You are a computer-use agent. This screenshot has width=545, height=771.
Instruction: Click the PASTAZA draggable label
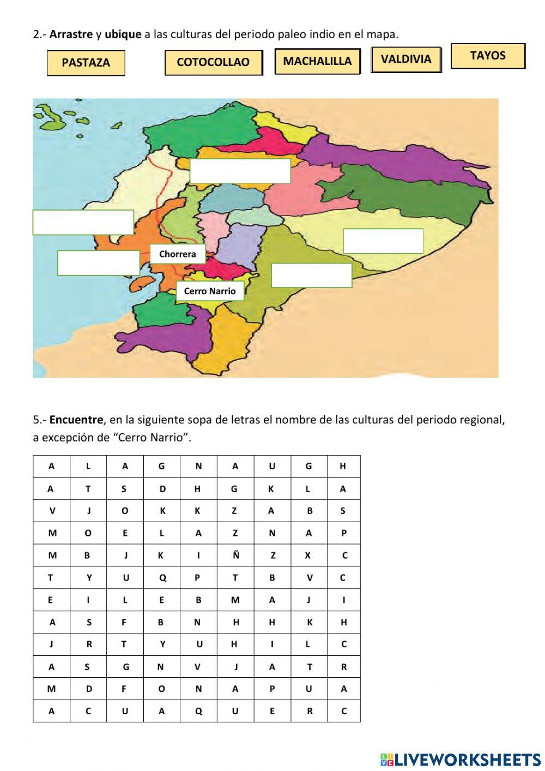click(86, 63)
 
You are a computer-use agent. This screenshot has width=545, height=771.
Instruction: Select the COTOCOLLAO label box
click(213, 62)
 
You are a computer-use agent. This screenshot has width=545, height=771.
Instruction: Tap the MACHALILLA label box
click(317, 61)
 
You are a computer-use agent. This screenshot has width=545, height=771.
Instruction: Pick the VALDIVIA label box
click(405, 59)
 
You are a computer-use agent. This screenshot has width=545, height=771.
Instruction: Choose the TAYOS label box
click(488, 56)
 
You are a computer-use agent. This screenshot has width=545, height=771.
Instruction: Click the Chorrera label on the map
click(178, 254)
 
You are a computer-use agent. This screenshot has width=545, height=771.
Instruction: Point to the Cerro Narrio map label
click(210, 291)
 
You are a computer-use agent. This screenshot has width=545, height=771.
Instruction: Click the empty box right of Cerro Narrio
click(311, 276)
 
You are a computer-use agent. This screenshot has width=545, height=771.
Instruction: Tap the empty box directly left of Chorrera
click(99, 262)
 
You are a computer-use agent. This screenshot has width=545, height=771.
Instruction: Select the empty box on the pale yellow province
click(383, 241)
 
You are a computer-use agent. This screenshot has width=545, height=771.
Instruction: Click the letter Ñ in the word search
click(235, 555)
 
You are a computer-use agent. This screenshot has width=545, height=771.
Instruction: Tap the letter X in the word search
click(308, 555)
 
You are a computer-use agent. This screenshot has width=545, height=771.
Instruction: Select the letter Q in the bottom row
click(198, 711)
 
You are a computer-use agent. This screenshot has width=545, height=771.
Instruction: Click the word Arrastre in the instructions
click(71, 34)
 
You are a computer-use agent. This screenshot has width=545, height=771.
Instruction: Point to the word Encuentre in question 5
click(76, 420)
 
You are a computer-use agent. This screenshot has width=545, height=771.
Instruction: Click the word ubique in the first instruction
click(123, 34)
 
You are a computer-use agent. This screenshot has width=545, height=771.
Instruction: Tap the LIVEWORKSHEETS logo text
click(467, 759)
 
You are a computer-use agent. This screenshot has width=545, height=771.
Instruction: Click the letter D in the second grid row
click(162, 489)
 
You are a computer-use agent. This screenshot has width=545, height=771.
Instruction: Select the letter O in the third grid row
click(125, 511)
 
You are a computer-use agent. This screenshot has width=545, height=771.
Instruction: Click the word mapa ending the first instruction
click(385, 34)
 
